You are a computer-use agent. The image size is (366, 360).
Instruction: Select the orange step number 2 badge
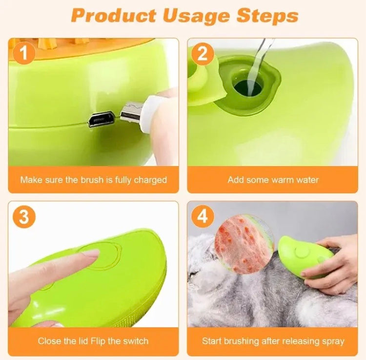203,53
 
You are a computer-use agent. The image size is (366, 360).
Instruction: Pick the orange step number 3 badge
23,216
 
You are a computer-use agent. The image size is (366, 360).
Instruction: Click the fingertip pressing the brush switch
92,254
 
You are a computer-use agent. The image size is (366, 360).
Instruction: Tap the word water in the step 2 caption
306,180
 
